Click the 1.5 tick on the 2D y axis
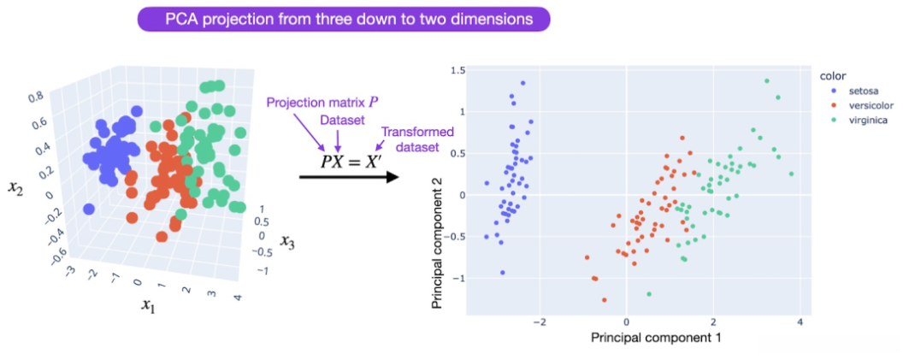[x=457, y=71]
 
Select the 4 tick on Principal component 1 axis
[x=799, y=322]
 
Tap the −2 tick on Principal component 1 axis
[x=539, y=322]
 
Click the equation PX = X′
[x=351, y=160]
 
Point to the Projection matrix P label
[x=313, y=103]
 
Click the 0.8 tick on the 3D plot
[x=37, y=98]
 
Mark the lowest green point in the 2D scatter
[x=649, y=294]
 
